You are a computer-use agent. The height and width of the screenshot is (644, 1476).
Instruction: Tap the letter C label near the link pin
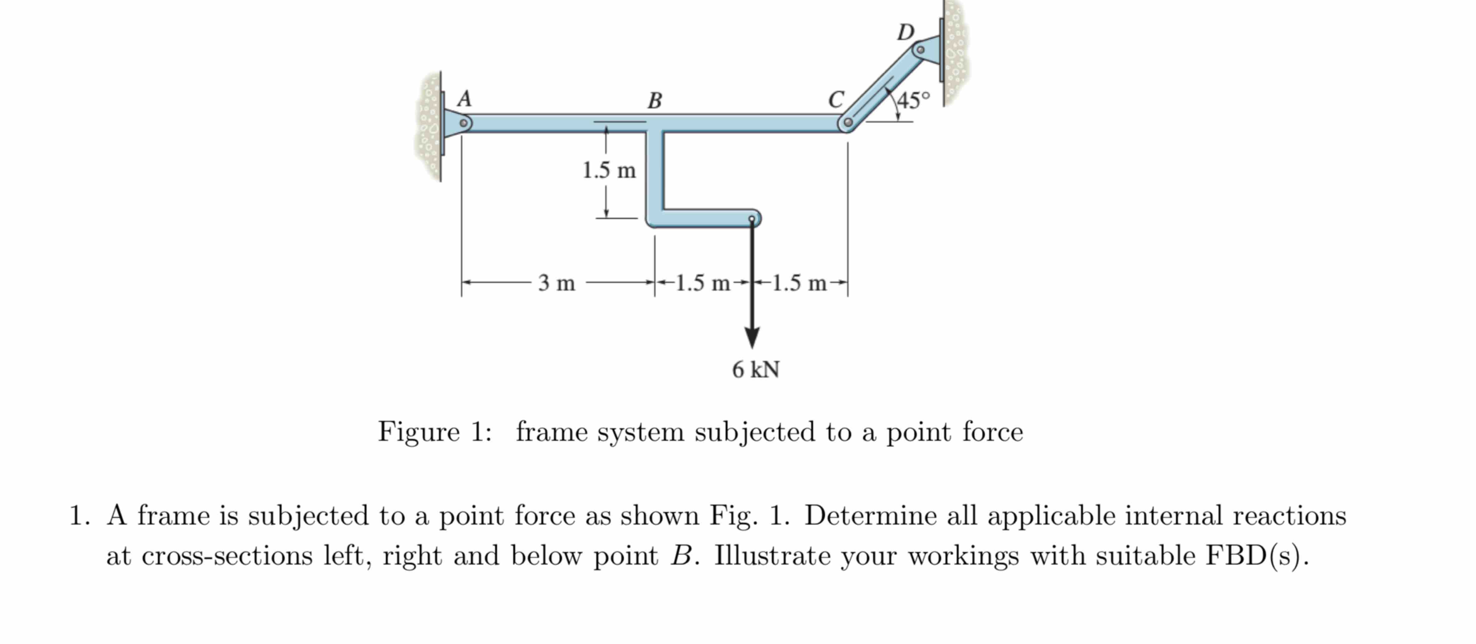pos(836,99)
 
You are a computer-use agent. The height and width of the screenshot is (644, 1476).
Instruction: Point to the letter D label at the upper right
pos(905,32)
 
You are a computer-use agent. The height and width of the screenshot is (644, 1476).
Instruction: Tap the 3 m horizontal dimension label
pos(556,283)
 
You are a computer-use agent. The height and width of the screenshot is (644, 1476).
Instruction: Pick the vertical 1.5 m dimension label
pos(609,170)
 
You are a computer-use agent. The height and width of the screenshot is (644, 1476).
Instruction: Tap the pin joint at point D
pos(920,50)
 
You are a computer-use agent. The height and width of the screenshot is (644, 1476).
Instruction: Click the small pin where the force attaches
pos(752,219)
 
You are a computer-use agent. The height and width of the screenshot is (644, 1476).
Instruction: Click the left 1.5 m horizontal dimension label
pos(703,283)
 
